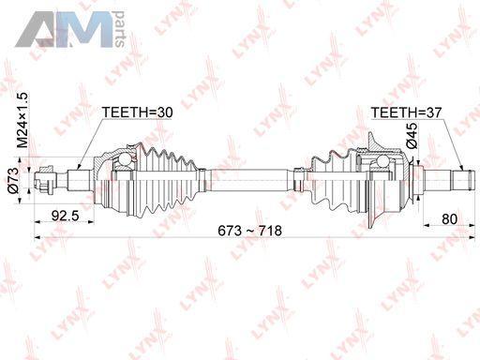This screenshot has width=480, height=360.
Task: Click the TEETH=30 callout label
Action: pyautogui.click(x=138, y=112)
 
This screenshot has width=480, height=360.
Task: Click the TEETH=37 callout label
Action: pyautogui.click(x=406, y=112)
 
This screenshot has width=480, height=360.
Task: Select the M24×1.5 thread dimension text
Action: pyautogui.click(x=22, y=120)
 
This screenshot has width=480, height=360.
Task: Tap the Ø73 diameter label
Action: pyautogui.click(x=13, y=181)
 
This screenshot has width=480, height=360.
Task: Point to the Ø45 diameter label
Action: pyautogui.click(x=412, y=136)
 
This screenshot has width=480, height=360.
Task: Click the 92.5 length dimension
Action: pyautogui.click(x=66, y=216)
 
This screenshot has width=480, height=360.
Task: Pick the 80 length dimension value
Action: pyautogui.click(x=449, y=219)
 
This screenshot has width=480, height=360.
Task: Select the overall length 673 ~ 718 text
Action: pyautogui.click(x=249, y=231)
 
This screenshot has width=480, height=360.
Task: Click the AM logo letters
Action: pyautogui.click(x=64, y=30)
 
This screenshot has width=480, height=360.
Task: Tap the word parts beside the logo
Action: pyautogui.click(x=120, y=29)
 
